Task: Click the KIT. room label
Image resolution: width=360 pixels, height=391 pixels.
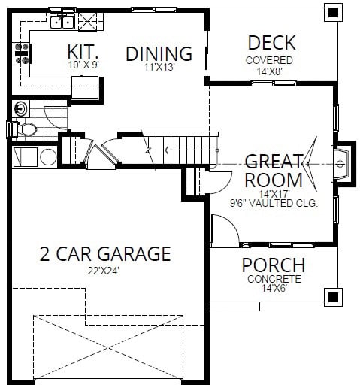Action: coord(83,52)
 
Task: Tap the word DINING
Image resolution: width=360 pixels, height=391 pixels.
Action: coord(159,54)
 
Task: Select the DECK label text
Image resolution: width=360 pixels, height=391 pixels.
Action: coord(271,43)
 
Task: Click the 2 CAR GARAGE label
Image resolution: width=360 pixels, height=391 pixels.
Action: coord(105,253)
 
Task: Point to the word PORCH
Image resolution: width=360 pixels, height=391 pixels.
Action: coord(273,265)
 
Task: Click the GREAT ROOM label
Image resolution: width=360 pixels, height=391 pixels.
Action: coord(274,171)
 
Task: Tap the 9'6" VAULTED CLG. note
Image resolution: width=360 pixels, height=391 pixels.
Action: coord(274,203)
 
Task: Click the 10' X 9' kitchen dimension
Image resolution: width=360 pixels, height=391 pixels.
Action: coord(83,65)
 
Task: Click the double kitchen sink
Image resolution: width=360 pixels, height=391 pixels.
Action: coord(61,22)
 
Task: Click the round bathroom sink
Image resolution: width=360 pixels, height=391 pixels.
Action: coord(20,107)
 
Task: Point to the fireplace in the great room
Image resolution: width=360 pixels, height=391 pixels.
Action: coord(340,163)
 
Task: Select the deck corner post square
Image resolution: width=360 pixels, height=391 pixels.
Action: coord(331,12)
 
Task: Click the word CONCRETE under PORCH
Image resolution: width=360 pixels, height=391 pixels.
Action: coord(274,279)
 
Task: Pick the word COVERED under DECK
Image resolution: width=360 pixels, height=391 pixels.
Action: coord(269,60)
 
